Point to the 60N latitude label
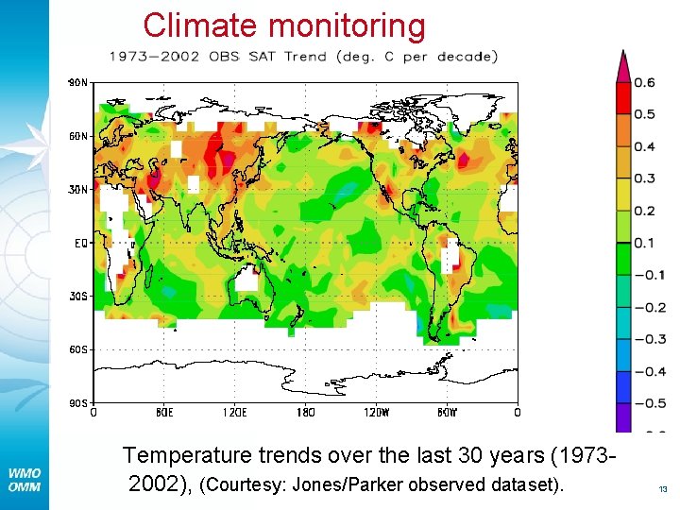click(x=78, y=136)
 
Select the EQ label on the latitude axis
click(x=81, y=243)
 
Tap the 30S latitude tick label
click(x=78, y=296)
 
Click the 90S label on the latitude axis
click(x=78, y=403)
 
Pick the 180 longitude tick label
click(x=304, y=413)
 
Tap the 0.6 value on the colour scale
click(x=644, y=83)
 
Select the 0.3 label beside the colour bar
click(x=644, y=179)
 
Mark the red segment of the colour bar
click(x=622, y=98)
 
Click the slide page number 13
click(x=662, y=489)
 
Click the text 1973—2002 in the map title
click(x=154, y=57)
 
